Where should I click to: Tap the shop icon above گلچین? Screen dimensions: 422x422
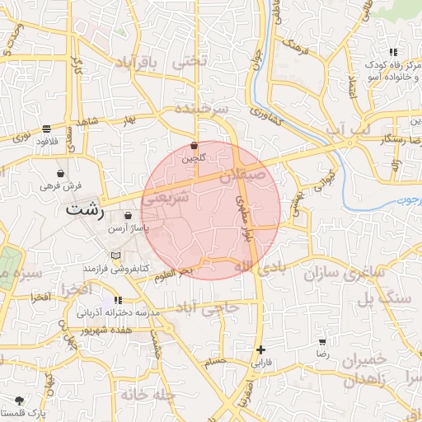194,145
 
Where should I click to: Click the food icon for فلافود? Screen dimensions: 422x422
46,129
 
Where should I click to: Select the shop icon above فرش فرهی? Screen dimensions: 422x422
61,174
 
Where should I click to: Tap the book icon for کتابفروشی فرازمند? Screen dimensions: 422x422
115,256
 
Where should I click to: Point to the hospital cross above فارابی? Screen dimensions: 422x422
260,349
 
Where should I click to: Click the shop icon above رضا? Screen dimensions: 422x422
322,341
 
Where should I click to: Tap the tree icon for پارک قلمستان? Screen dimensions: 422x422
19,400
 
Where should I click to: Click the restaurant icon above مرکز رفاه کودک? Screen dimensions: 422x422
393,51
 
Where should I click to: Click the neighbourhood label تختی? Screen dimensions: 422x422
190,62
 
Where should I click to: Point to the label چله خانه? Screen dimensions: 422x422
148,395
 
